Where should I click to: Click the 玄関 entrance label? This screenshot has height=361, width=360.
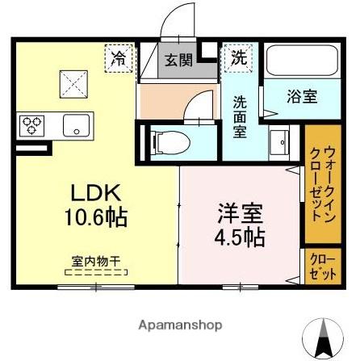point(178,59)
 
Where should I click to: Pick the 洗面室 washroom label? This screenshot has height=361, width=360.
point(241,118)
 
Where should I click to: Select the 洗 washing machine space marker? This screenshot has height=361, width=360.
point(240,57)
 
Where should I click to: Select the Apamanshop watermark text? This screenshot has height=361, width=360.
point(180,325)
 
